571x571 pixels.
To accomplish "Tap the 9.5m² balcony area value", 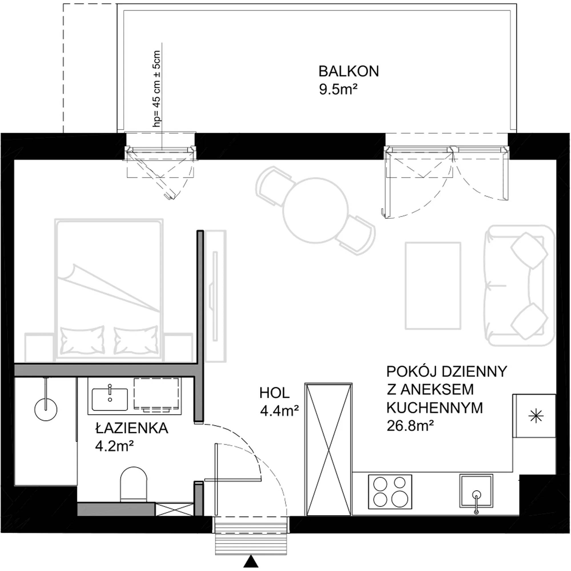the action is [x=336, y=90].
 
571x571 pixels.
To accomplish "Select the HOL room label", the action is [x=274, y=393].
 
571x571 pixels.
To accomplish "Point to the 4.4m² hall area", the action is [x=279, y=411].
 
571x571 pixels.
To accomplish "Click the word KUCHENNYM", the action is [x=435, y=408].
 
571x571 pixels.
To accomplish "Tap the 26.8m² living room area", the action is [x=410, y=426].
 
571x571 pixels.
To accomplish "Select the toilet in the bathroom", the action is [x=134, y=484].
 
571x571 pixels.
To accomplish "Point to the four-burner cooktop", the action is [x=390, y=492].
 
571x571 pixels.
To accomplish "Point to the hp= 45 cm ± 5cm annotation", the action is [x=157, y=89].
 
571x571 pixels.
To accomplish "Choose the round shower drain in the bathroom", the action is [x=45, y=409].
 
